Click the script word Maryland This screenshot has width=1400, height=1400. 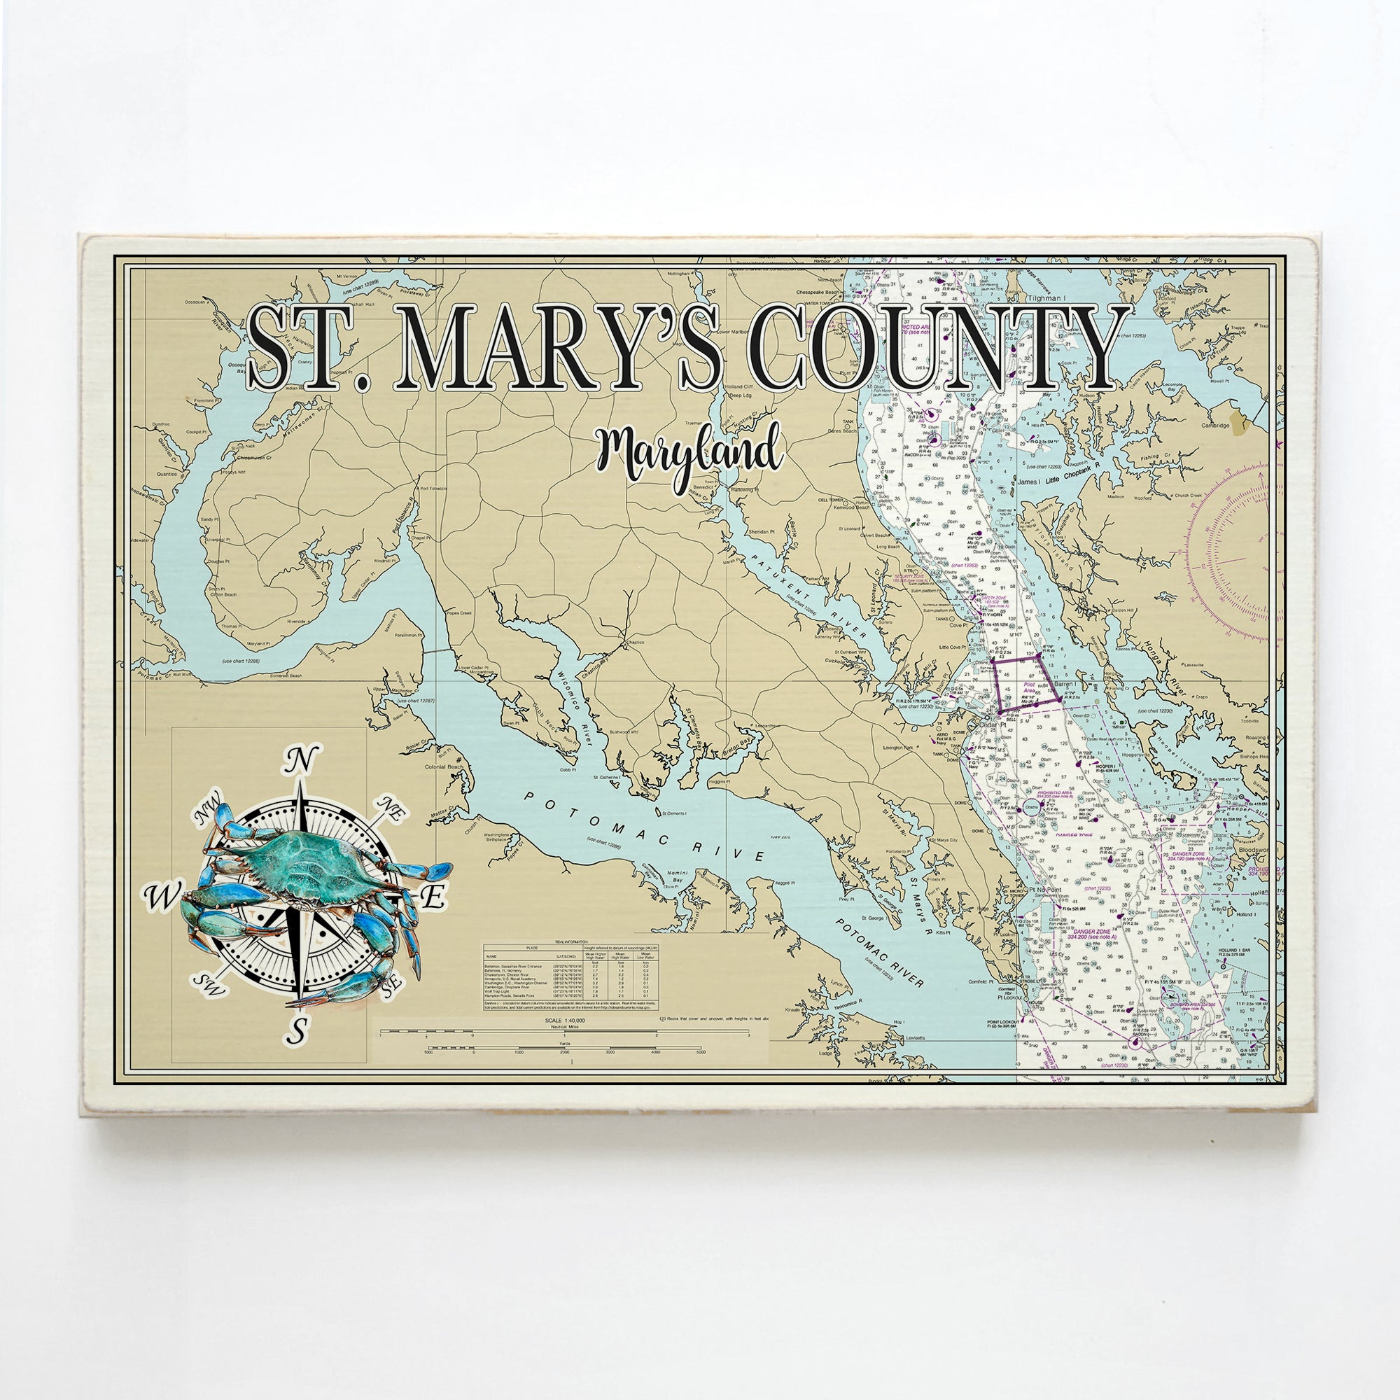[x=688, y=455]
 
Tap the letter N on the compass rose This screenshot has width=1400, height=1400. [x=304, y=761]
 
